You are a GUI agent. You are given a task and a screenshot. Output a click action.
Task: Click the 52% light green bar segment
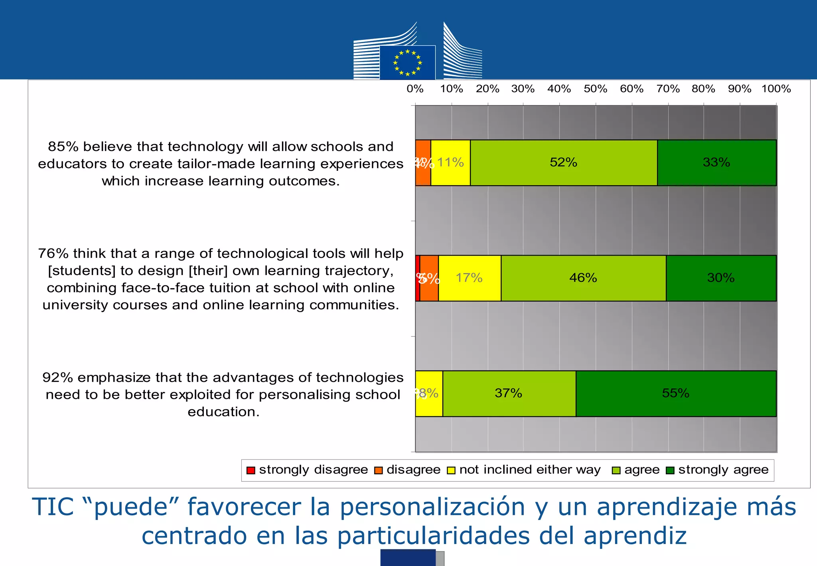(x=563, y=162)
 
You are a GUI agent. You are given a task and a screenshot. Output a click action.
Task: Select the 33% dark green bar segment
(x=716, y=162)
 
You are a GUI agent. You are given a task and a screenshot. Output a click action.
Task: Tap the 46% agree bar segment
(x=583, y=278)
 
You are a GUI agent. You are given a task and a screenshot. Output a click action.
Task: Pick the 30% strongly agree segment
(x=721, y=278)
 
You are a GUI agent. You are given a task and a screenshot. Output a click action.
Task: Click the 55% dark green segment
(x=676, y=393)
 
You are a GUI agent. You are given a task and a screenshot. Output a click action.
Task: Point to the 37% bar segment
(x=509, y=393)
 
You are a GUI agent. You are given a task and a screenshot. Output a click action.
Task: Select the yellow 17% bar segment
(x=470, y=278)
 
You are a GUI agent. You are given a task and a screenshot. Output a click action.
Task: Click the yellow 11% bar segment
(x=450, y=162)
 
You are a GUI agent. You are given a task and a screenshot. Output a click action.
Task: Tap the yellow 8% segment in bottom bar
(x=429, y=393)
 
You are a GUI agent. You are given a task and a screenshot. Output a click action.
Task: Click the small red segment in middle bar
(x=417, y=278)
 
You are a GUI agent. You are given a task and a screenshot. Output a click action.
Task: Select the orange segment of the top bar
(x=423, y=162)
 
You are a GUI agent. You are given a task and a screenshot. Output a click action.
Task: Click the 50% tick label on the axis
(x=595, y=89)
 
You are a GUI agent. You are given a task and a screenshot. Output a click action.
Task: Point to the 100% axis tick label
(x=776, y=89)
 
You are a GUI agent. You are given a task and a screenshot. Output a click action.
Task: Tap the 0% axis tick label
(x=415, y=89)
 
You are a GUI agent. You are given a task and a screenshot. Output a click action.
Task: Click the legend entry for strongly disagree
(x=307, y=470)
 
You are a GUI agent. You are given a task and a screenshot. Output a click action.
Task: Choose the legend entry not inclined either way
(x=524, y=470)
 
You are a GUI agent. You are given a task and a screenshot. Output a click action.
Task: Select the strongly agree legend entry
(x=718, y=470)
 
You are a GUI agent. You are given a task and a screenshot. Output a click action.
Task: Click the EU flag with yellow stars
(x=407, y=63)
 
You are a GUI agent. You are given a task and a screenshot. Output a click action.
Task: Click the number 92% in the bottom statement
(x=57, y=378)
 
